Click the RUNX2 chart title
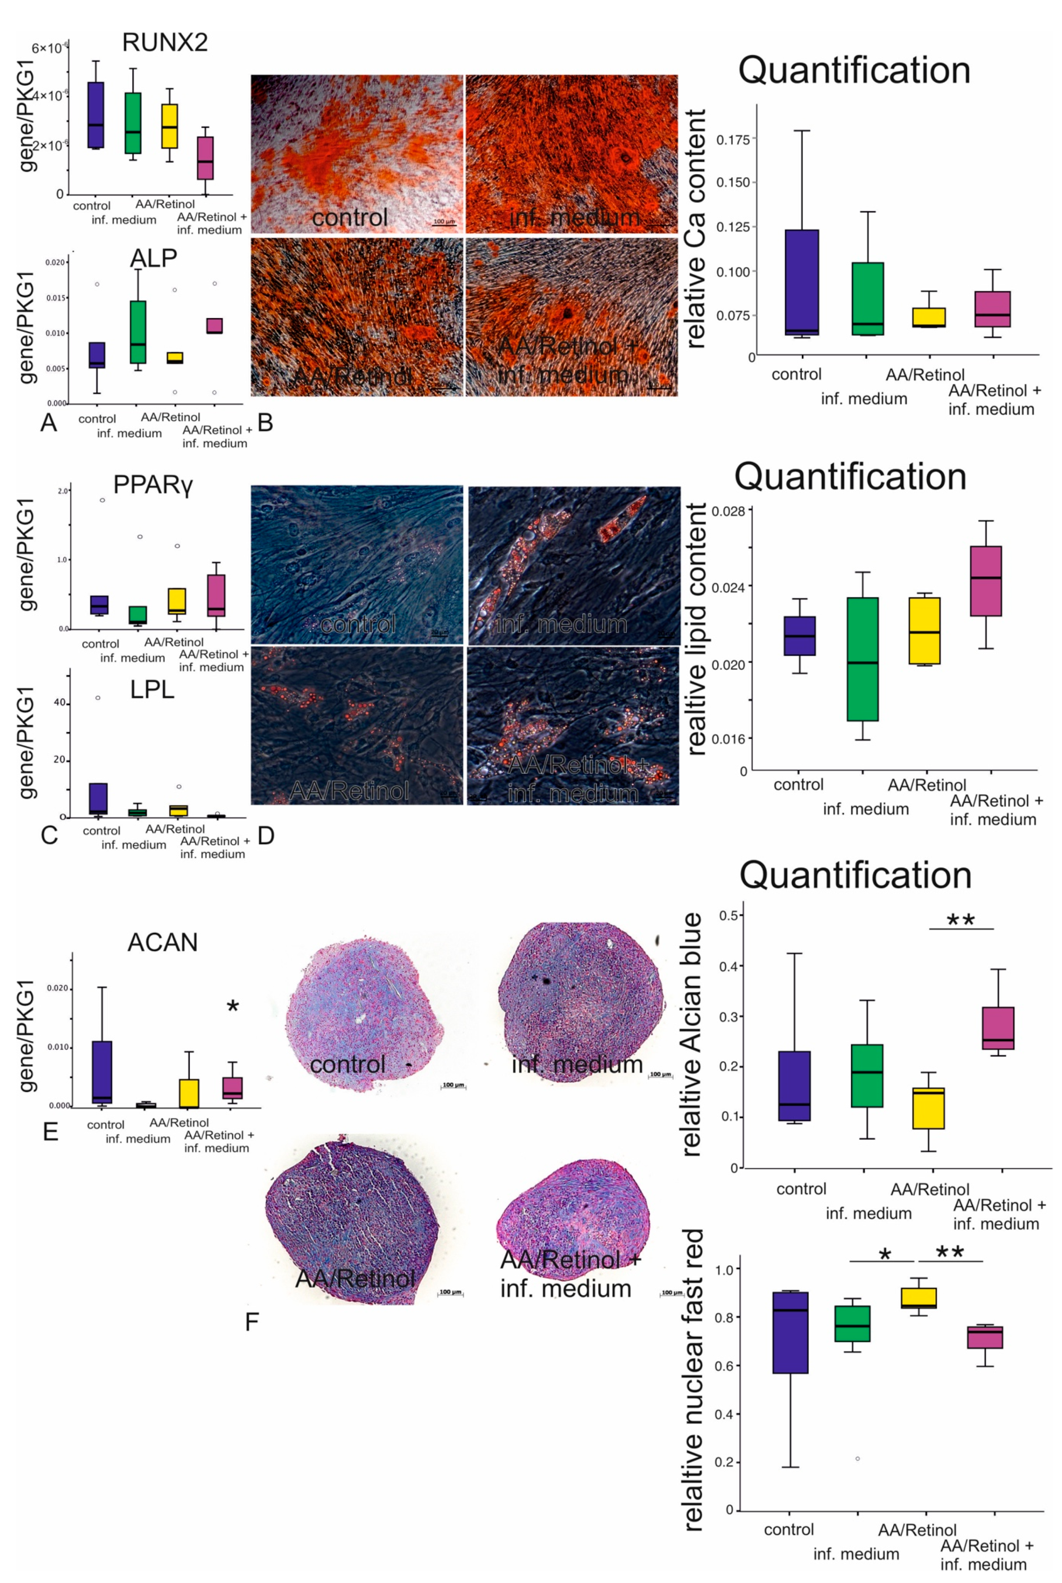tap(165, 43)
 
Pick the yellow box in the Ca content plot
tap(929, 317)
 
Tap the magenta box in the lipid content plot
tap(985, 581)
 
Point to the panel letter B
tap(265, 423)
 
